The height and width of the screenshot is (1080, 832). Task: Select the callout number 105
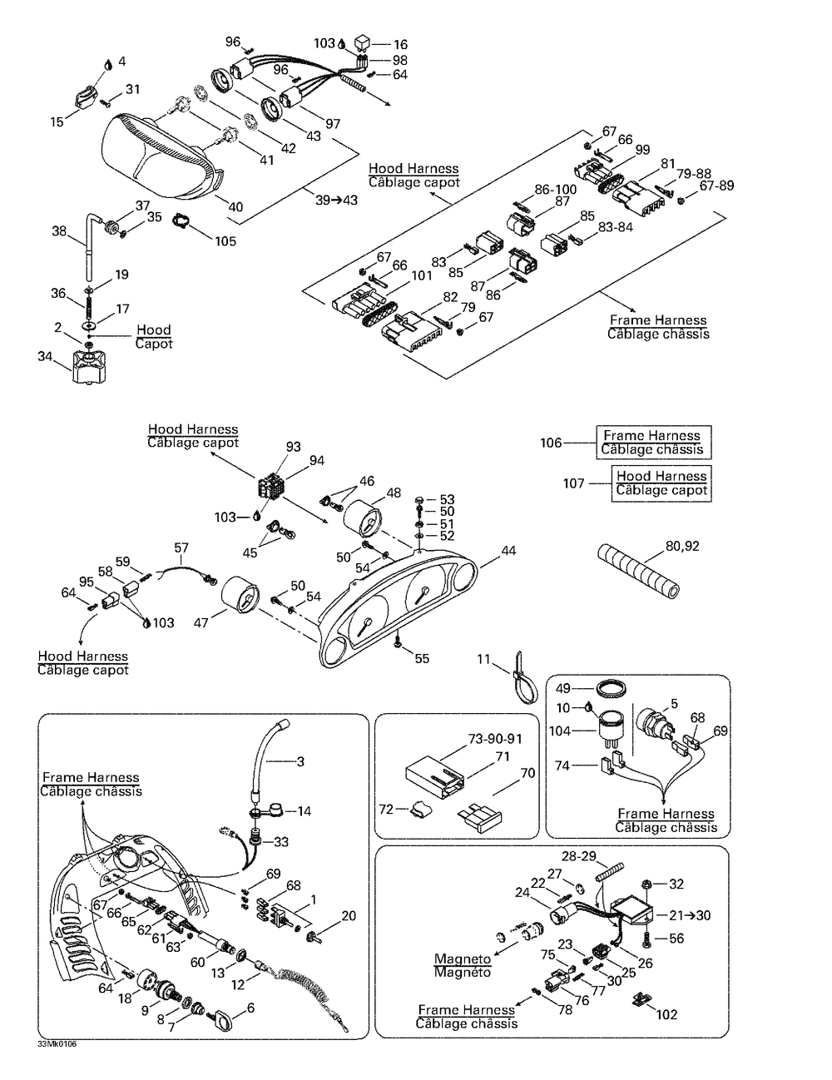pyautogui.click(x=225, y=241)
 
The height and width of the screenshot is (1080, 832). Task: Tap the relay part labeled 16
pyautogui.click(x=362, y=42)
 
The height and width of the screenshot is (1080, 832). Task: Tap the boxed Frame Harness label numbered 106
pyautogui.click(x=654, y=443)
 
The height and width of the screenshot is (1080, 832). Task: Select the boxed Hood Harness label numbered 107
pyautogui.click(x=661, y=483)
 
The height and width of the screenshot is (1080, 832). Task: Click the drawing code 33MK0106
pyautogui.click(x=57, y=1044)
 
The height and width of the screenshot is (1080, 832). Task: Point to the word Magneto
pyautogui.click(x=463, y=959)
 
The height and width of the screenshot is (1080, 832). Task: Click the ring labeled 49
pyautogui.click(x=611, y=691)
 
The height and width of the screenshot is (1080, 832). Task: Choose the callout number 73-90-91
pyautogui.click(x=495, y=739)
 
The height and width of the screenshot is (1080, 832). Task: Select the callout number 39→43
pyautogui.click(x=336, y=201)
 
